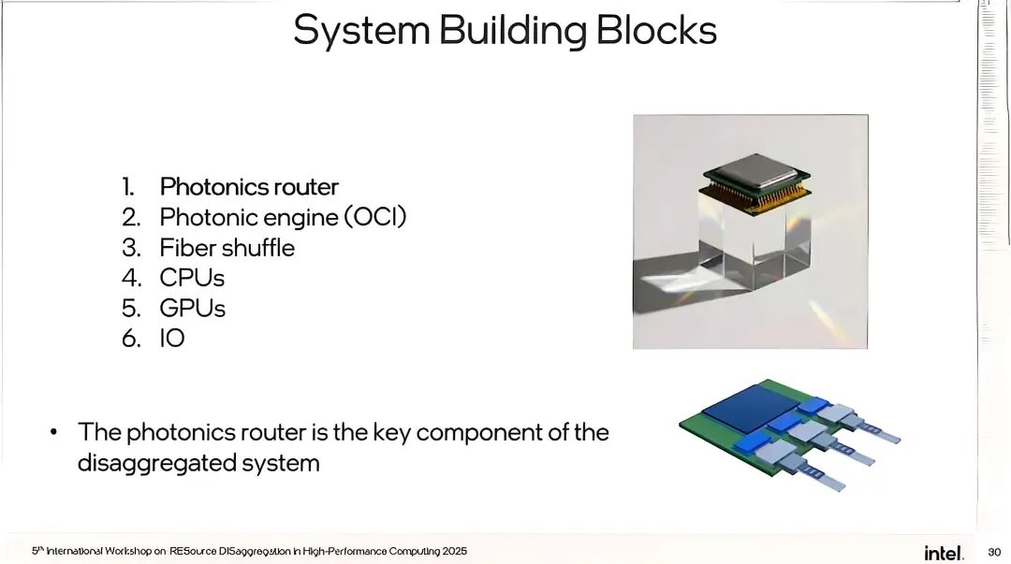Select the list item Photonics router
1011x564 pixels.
tap(249, 187)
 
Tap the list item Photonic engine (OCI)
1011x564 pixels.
tap(283, 217)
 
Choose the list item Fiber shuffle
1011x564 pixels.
tap(227, 248)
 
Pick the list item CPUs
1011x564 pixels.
tap(192, 278)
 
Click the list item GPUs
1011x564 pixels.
tap(193, 308)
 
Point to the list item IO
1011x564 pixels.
tap(172, 338)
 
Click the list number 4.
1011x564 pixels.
tap(131, 278)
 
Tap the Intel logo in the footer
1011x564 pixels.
tap(944, 552)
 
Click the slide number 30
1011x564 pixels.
tap(994, 552)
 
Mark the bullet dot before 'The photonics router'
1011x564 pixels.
tap(54, 432)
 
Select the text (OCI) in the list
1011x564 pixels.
tap(374, 217)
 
